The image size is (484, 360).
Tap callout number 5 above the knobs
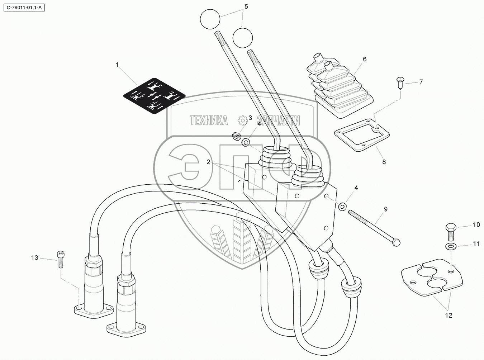pos(246,6)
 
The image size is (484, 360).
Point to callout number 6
pos(365,59)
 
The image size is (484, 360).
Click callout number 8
pos(384,162)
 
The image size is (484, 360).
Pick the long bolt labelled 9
pos(373,227)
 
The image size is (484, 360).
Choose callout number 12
pos(449,316)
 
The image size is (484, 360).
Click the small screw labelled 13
pos(60,259)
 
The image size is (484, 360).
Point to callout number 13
pos(34,257)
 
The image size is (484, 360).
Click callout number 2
pos(208,162)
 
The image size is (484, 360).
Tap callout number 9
pos(386,209)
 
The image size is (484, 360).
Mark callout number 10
pos(476,225)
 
